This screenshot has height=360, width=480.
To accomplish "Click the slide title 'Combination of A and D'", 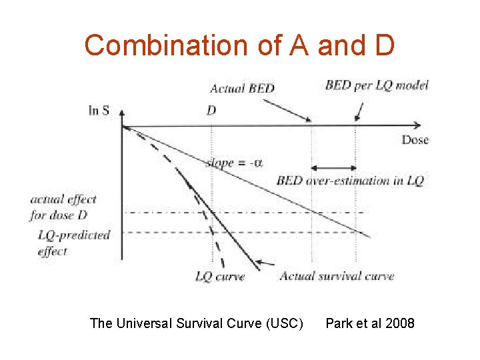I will [240, 45].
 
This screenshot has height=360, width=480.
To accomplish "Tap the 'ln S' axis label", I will [99, 111].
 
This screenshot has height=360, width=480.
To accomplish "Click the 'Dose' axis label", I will [415, 139].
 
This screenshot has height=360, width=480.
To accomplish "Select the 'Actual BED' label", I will [242, 88].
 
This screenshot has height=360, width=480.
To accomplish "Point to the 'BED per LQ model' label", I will [377, 85].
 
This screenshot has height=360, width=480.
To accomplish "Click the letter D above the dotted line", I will [211, 110].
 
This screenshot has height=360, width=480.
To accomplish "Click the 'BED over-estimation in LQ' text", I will [350, 181].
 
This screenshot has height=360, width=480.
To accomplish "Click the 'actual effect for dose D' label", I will [63, 207].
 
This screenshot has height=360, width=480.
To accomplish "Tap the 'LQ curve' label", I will [220, 276].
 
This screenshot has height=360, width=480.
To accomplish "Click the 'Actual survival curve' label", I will [337, 276].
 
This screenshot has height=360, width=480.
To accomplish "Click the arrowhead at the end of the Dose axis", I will [417, 125].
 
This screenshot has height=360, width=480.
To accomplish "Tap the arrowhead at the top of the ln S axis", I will [122, 113].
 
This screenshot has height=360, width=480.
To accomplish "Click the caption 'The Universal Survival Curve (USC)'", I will [197, 323].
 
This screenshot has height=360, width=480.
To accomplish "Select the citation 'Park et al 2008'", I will [369, 323].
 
